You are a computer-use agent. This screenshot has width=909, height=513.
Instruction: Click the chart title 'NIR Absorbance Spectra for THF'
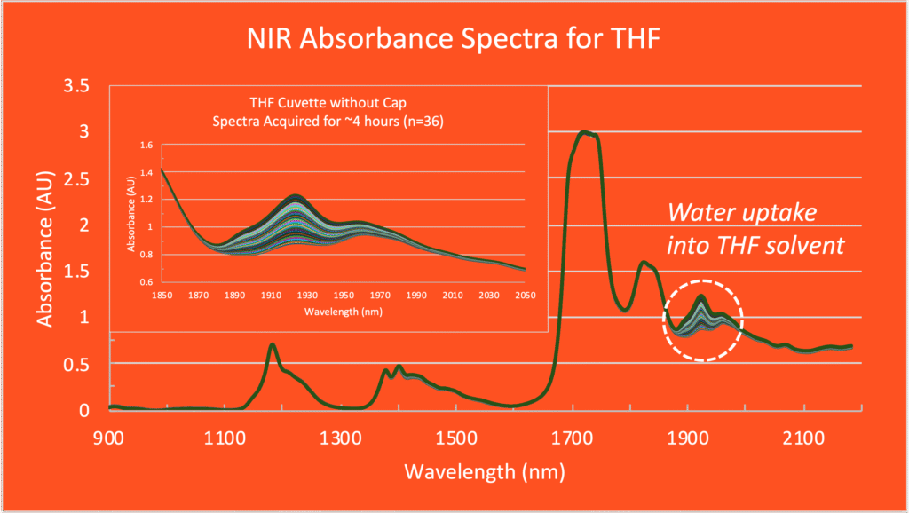coord(454,40)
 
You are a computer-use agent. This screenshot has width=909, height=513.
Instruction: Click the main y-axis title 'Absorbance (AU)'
coord(46,249)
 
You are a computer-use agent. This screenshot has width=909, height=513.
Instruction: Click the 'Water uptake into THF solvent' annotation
coord(755,229)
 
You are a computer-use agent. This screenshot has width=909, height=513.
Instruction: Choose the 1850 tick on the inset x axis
coord(161,294)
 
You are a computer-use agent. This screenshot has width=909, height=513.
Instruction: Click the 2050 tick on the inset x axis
coord(526,294)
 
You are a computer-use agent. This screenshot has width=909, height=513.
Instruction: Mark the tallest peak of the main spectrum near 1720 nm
coord(584,132)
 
